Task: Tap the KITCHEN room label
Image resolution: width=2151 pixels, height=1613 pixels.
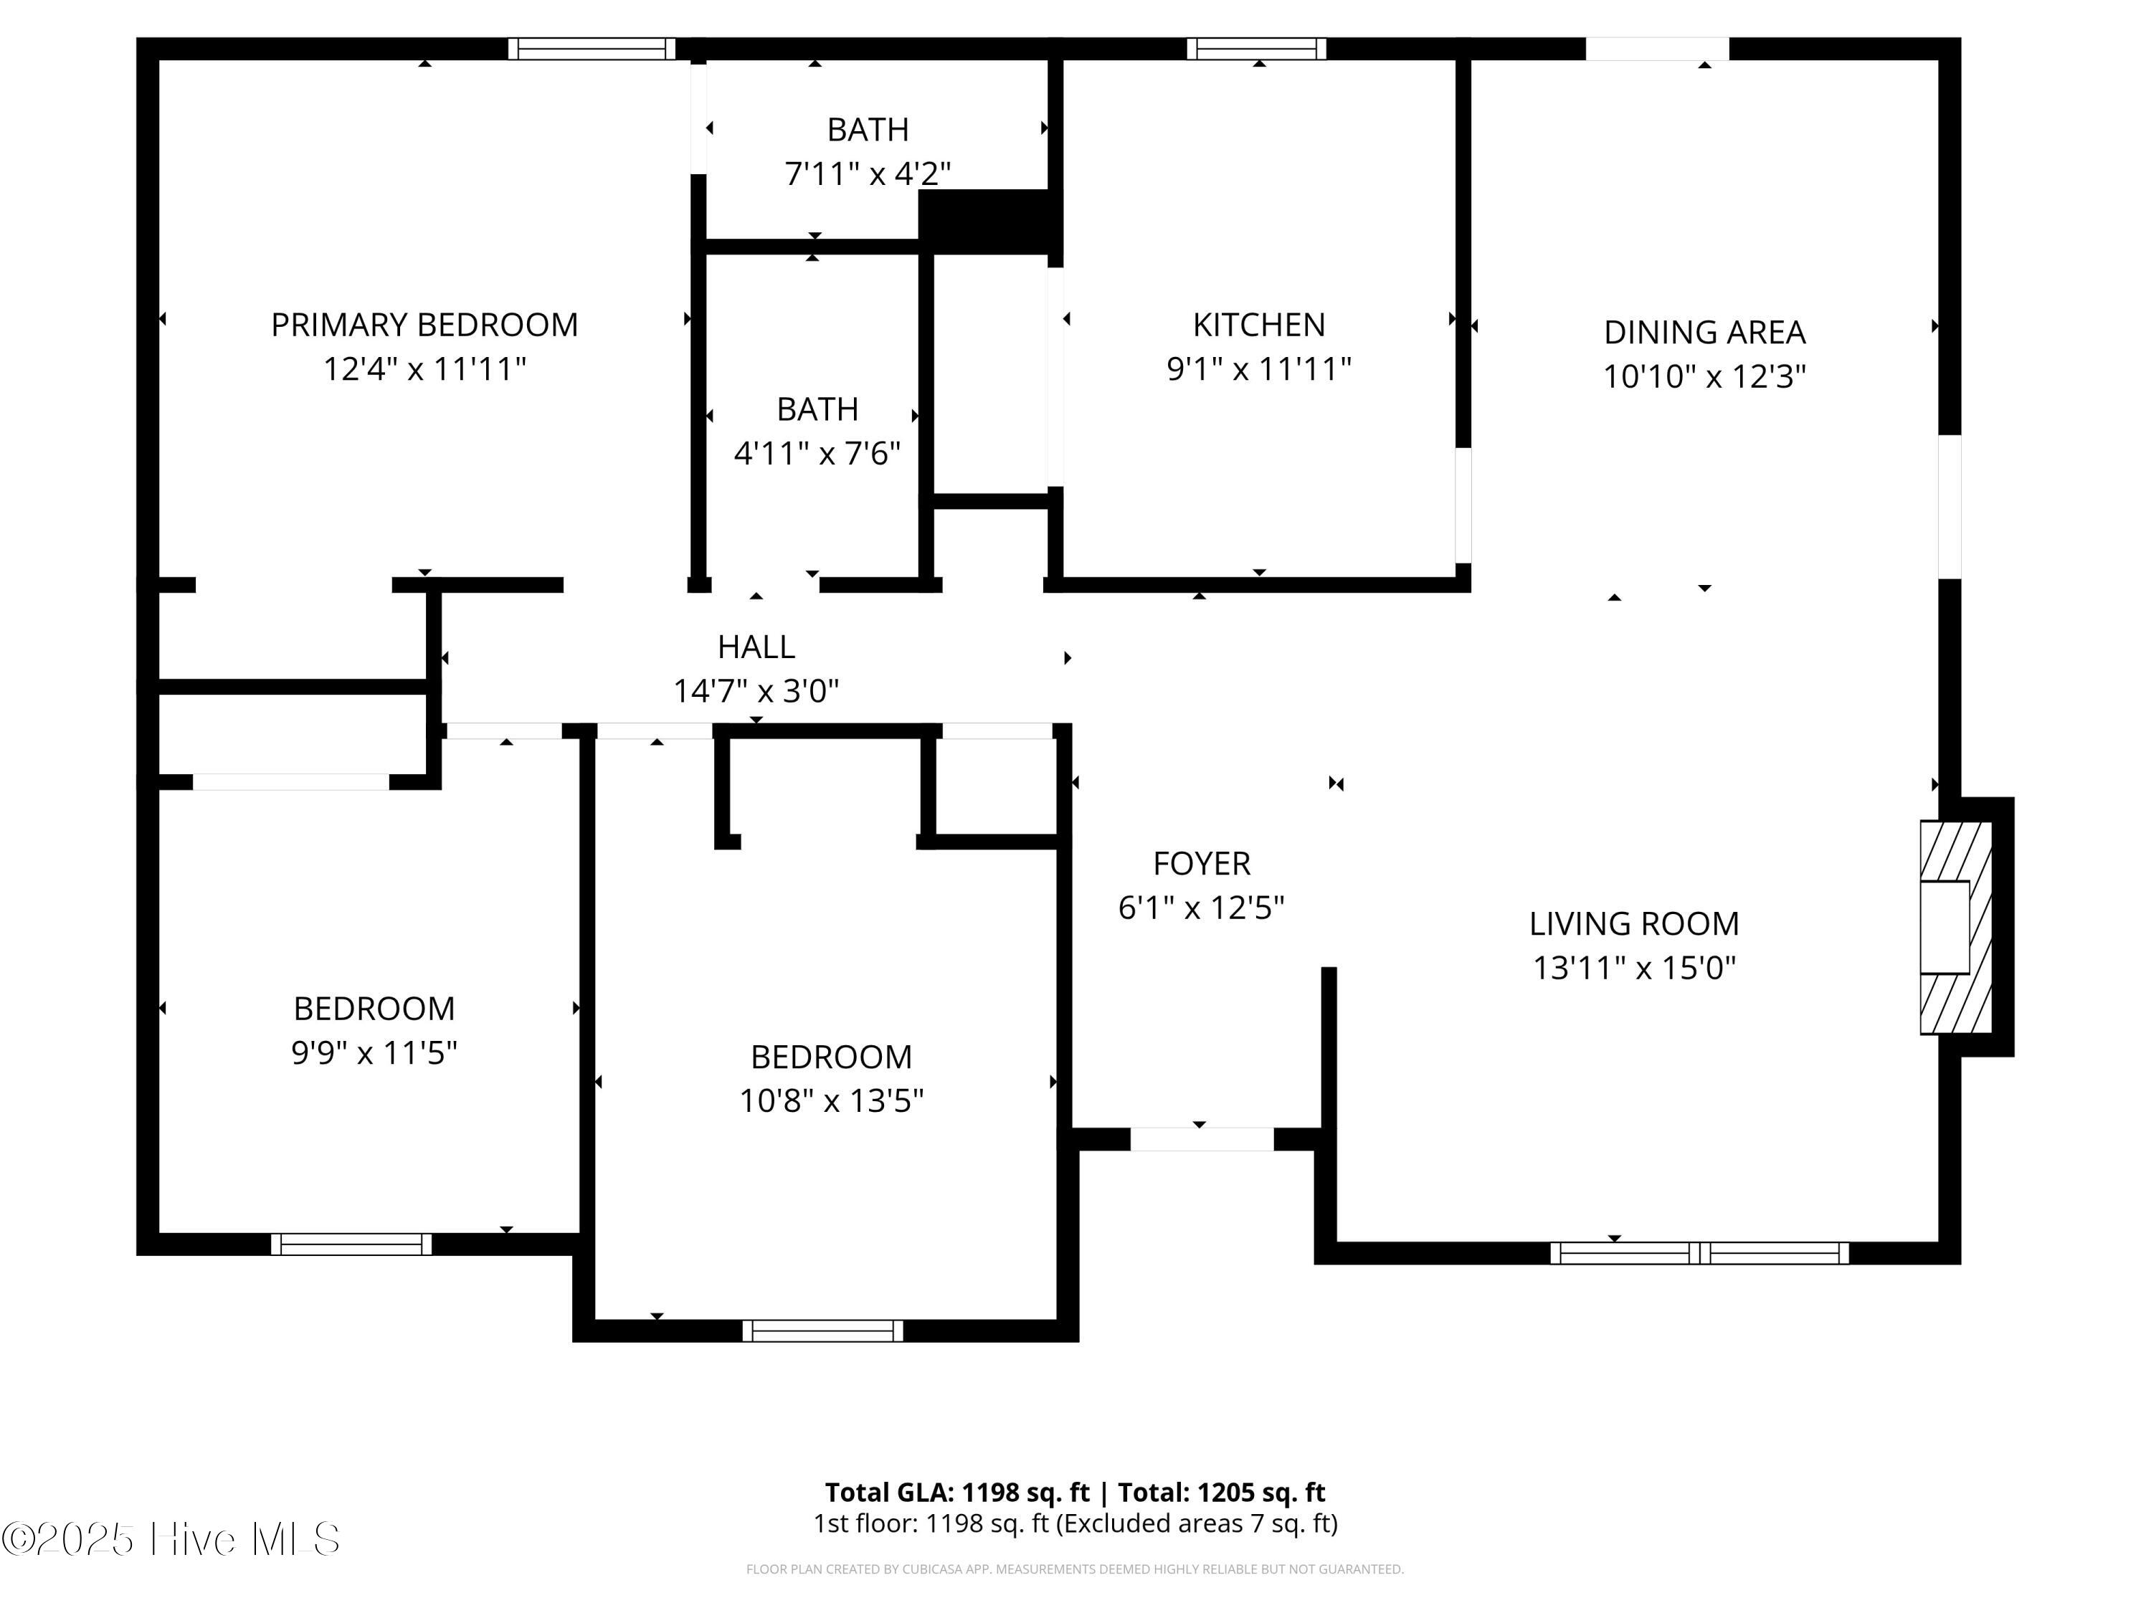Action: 1258,325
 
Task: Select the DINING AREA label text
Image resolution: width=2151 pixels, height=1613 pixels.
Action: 1704,333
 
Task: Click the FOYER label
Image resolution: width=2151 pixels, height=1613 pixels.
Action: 1201,863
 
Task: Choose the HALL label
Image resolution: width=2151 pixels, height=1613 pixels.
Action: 756,647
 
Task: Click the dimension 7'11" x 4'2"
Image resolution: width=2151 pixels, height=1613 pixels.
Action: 868,174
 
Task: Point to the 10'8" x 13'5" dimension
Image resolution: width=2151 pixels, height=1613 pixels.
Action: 832,1100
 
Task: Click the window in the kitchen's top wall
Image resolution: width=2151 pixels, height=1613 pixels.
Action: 1255,49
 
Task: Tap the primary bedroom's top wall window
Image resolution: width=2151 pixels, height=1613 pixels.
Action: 592,49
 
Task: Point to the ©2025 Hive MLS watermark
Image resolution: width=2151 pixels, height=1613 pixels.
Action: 171,1539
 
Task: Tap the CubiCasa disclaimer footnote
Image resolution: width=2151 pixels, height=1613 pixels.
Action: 1075,1569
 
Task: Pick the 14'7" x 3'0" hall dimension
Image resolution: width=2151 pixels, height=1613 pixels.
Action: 756,691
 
